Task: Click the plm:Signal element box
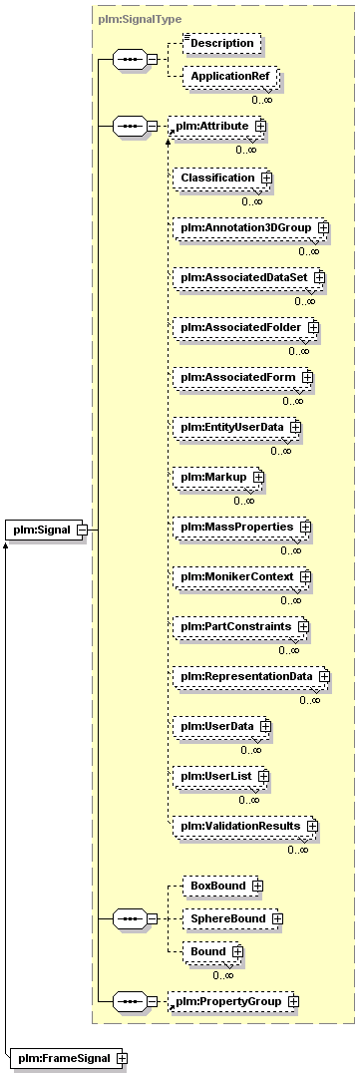[x=47, y=530]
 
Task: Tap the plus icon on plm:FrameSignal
[x=122, y=1058]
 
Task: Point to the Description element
[x=223, y=43]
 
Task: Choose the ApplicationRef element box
[x=230, y=78]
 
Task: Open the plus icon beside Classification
[x=265, y=178]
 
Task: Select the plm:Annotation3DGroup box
[x=250, y=227]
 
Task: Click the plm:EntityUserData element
[x=236, y=427]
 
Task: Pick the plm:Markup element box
[x=218, y=476]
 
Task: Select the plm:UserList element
[x=220, y=776]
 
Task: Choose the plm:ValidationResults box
[x=245, y=826]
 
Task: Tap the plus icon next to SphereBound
[x=277, y=917]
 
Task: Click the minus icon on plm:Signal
[x=82, y=530]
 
